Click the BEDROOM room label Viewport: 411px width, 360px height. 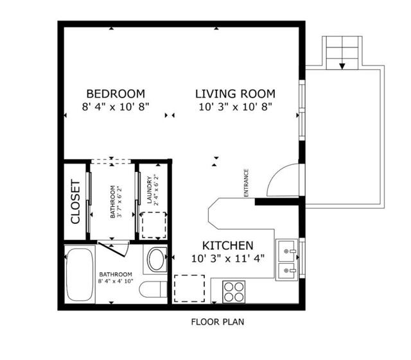click(116, 94)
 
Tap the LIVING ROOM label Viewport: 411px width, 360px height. click(236, 94)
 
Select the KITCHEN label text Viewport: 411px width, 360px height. click(228, 246)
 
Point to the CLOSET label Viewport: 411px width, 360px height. click(75, 201)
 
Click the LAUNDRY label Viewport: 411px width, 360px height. click(150, 190)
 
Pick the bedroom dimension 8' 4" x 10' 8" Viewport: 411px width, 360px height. click(116, 107)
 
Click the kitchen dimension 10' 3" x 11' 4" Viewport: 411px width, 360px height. click(228, 259)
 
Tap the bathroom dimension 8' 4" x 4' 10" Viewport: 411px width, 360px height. click(116, 281)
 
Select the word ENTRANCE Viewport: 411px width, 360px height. click(246, 183)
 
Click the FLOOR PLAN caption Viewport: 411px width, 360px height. click(218, 321)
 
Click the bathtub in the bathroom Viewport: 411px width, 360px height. click(80, 275)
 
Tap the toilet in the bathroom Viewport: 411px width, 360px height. click(153, 289)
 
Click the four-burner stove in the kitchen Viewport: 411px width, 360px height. click(234, 292)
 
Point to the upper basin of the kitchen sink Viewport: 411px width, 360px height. click(287, 252)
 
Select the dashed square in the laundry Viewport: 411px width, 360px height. click(154, 225)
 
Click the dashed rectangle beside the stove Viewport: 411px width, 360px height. click(189, 288)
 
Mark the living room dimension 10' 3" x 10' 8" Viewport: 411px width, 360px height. click(236, 107)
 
